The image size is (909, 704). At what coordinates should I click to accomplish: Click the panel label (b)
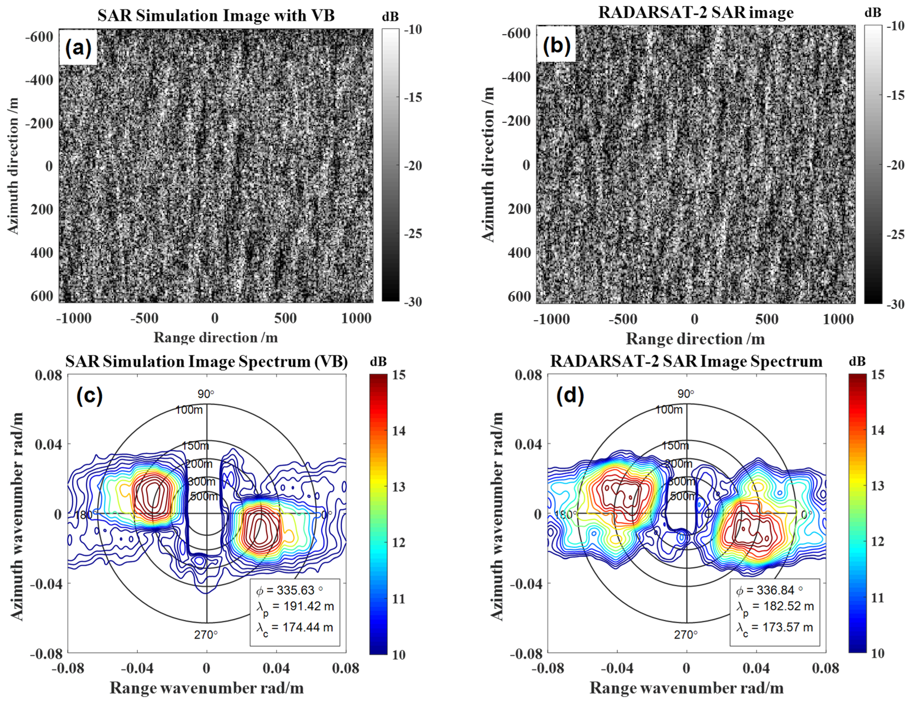pyautogui.click(x=556, y=45)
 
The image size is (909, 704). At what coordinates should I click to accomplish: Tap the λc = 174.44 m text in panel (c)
pyautogui.click(x=295, y=628)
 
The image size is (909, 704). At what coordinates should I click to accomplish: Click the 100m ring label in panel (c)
pyautogui.click(x=189, y=410)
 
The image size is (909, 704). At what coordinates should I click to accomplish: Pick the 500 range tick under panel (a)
pyautogui.click(x=286, y=319)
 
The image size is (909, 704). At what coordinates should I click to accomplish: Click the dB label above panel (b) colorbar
pyautogui.click(x=873, y=13)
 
